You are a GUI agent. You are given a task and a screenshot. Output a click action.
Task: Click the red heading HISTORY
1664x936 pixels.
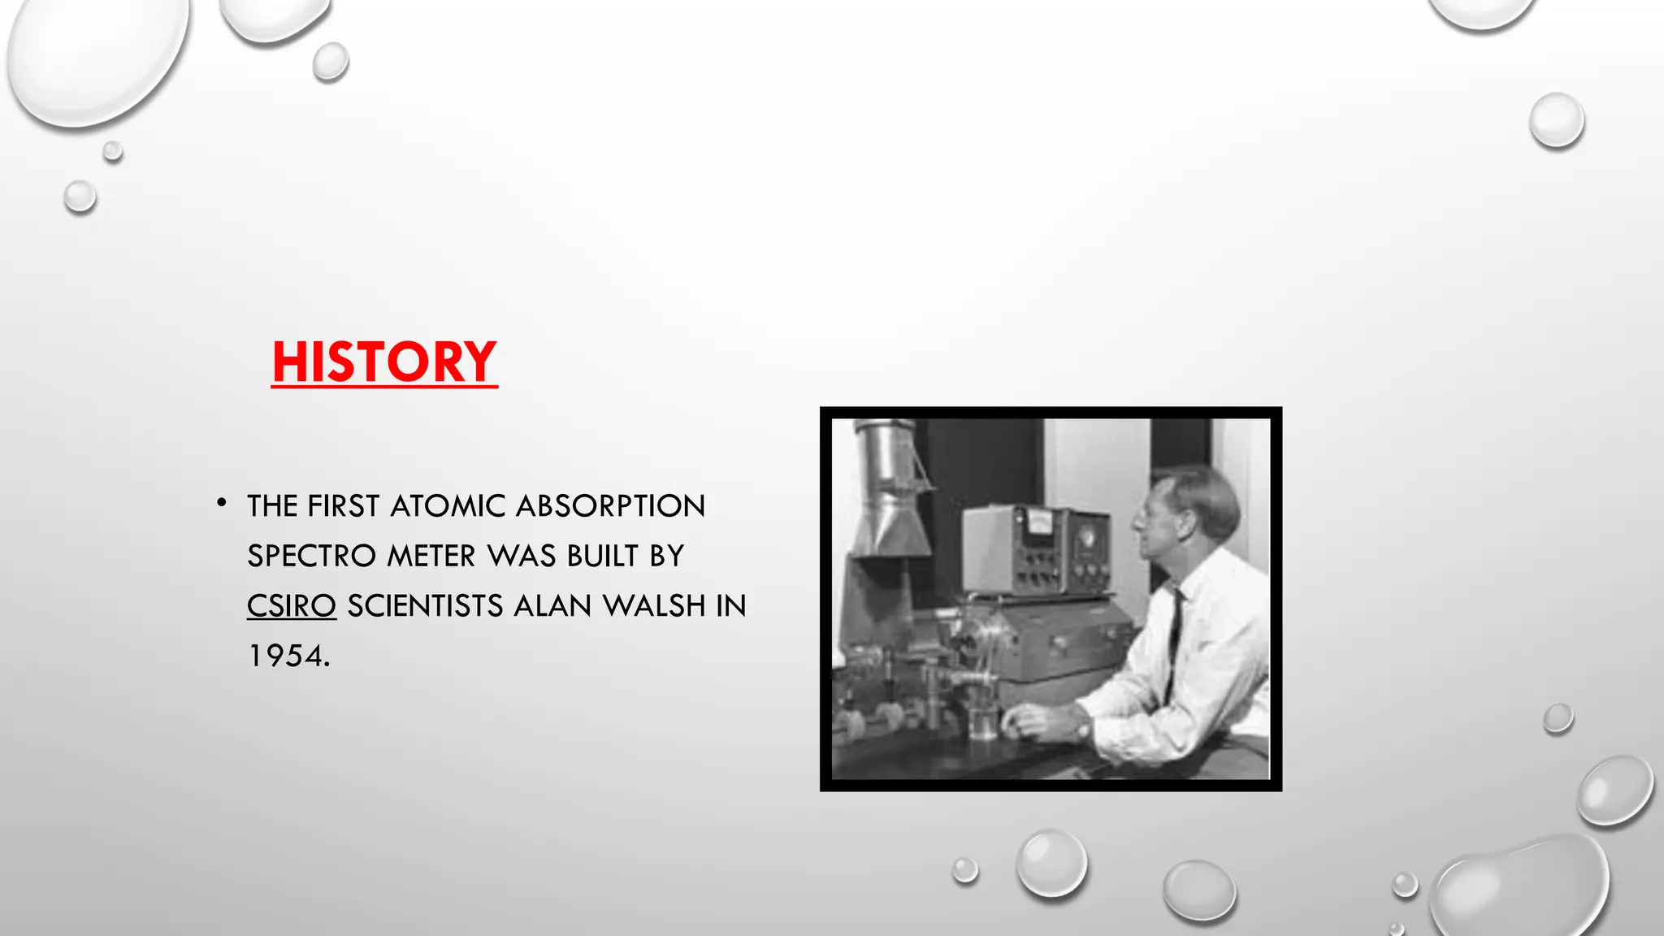383,362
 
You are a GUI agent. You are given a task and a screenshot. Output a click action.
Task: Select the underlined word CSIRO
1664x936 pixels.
291,606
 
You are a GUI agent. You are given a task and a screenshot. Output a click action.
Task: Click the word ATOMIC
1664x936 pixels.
448,506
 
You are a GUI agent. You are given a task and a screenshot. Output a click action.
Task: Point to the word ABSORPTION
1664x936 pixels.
610,506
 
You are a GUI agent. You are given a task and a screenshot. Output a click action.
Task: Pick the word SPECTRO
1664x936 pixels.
311,557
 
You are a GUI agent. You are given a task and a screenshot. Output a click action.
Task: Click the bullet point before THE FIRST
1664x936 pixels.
221,504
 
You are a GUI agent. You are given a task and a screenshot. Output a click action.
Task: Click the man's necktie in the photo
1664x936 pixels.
1172,642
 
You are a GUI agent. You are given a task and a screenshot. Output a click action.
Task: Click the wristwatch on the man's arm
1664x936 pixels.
1084,726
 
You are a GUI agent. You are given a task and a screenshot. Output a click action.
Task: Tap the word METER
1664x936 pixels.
431,557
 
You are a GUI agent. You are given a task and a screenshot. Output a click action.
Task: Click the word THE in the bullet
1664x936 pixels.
272,506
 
